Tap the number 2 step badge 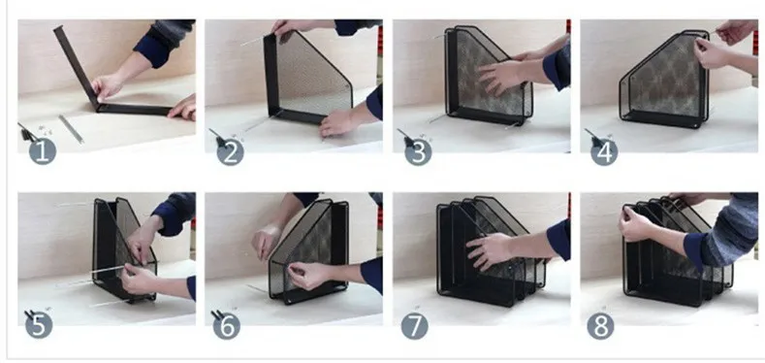tap(229, 151)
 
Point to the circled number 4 tap(602, 151)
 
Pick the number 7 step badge tap(415, 324)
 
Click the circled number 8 tap(602, 324)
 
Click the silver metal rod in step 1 tap(70, 128)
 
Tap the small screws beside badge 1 tap(45, 127)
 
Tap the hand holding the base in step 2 tap(341, 120)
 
